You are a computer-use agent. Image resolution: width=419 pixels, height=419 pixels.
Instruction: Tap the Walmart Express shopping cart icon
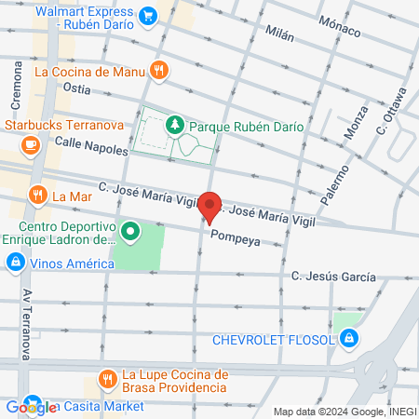coord(147,16)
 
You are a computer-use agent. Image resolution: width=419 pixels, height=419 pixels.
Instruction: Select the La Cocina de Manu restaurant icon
coord(160,69)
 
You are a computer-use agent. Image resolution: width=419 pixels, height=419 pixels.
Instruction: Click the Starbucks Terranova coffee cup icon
coord(30,144)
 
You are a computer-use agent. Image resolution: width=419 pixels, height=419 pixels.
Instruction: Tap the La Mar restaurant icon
coord(37,196)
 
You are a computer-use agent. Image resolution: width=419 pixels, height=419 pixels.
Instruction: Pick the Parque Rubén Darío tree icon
coord(174,124)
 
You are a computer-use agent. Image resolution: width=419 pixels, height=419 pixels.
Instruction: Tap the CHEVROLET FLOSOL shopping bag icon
coord(347,339)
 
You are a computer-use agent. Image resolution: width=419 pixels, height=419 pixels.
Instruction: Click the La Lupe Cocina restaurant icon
coord(107,379)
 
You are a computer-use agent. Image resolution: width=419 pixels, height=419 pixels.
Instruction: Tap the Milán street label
coord(278,35)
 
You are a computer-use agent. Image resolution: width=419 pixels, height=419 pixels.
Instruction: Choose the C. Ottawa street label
coord(391,111)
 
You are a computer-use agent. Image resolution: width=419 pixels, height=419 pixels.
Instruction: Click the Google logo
coord(30,407)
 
